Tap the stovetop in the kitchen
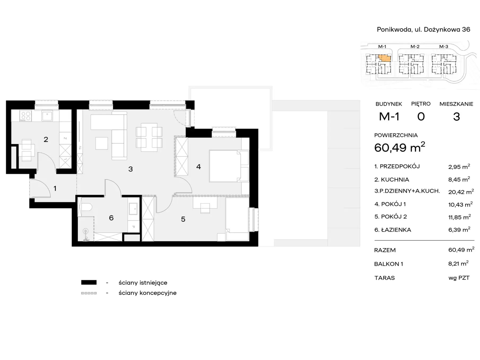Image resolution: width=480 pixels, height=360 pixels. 26,116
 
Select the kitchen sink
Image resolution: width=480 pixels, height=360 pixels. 47,116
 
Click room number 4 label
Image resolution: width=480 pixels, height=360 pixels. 198,167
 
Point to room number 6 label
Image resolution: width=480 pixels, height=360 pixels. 111,218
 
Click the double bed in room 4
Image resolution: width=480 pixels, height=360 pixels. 229,166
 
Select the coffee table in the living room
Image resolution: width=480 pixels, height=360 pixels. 102,143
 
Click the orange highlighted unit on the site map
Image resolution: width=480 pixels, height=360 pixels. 384,58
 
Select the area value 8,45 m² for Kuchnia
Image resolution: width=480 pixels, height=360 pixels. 459,179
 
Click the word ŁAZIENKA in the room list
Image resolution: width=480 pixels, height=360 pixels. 396,230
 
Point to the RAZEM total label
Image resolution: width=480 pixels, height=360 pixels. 385,250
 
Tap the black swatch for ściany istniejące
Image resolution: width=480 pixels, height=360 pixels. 89,283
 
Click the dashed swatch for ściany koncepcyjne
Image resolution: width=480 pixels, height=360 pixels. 89,293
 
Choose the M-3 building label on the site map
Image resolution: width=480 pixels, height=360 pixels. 444,47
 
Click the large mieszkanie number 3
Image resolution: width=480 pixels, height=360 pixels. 456,117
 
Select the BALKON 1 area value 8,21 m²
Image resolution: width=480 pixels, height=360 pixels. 458,263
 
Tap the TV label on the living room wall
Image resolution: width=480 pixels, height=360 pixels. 80,148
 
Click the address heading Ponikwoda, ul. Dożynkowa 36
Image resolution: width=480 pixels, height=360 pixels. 423,29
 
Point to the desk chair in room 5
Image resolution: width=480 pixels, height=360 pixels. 205,208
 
